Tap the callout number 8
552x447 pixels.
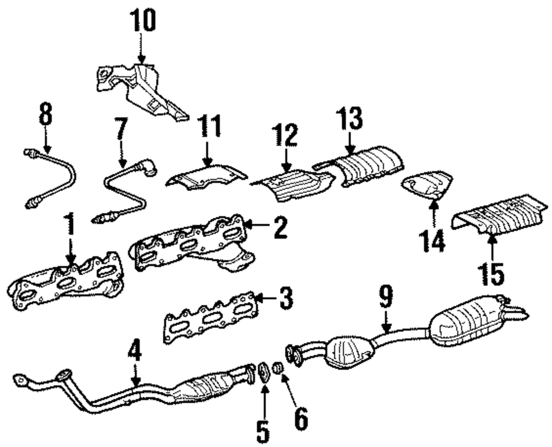pos(46,116)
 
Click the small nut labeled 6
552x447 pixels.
pos(279,368)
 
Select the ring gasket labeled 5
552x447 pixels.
pos(263,371)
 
